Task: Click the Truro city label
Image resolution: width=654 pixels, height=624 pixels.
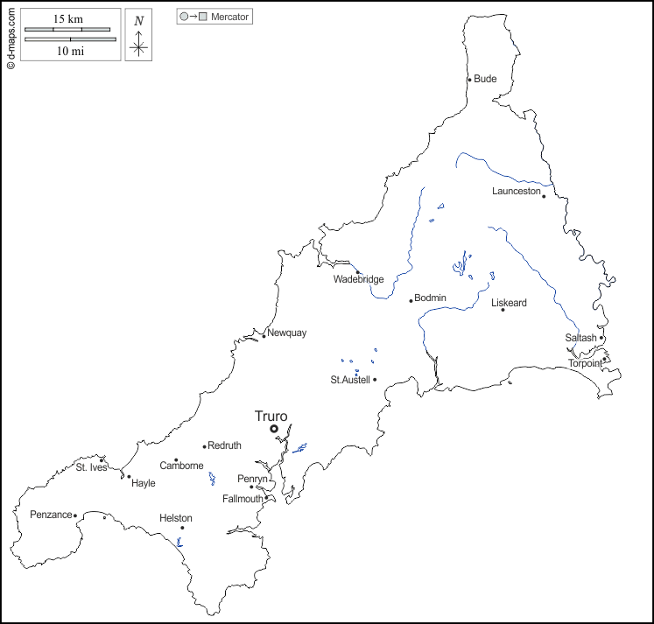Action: pos(271,417)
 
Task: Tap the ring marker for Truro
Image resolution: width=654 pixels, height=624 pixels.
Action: pos(274,429)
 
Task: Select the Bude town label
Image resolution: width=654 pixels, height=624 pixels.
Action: pos(485,79)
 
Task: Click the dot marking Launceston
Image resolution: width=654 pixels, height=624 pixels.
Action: pos(544,196)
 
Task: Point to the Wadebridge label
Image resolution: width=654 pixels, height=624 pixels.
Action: pos(358,280)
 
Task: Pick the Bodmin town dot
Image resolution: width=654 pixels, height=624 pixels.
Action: pos(411,301)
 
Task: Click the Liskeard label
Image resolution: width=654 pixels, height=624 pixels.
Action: pos(509,303)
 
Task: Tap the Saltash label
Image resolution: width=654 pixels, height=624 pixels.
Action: pos(580,338)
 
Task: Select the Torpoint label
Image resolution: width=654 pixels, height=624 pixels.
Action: pos(585,363)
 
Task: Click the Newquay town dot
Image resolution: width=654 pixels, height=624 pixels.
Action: pos(264,336)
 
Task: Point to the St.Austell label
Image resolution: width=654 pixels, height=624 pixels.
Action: pos(350,380)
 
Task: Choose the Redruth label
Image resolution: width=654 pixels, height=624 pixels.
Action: pos(224,445)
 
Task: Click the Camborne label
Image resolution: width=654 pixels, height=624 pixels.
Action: pos(181,466)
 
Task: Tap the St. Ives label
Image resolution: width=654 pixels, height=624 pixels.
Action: pos(91,467)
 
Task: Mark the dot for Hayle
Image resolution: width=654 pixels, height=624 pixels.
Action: pos(129,477)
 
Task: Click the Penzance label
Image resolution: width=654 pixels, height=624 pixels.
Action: pos(51,515)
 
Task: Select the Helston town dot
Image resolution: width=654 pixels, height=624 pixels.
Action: pos(182,528)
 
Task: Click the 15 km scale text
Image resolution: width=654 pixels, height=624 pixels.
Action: pos(67,19)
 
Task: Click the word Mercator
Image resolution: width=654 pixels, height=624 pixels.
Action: pos(230,17)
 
